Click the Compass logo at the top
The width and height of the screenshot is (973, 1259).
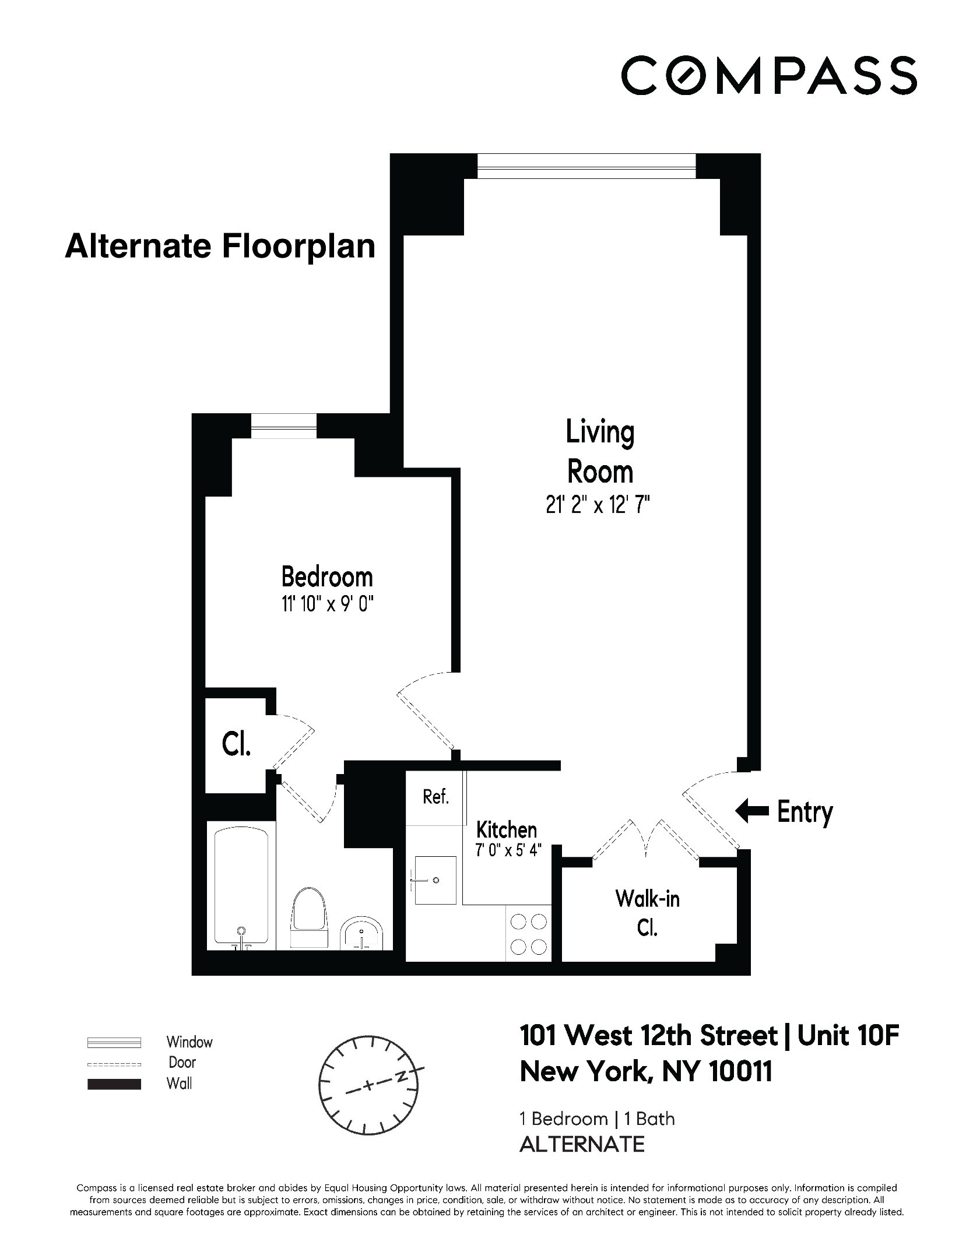point(768,75)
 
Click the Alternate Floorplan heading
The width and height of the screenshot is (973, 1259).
point(220,246)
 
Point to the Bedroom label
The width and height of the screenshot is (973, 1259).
point(327,577)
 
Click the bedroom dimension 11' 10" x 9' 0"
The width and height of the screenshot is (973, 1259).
point(327,605)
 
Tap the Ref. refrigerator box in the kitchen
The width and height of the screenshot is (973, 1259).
point(435,797)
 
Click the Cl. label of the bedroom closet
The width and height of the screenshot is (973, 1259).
point(237,745)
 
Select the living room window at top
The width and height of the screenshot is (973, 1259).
point(586,166)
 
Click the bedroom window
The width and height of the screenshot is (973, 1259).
point(283,426)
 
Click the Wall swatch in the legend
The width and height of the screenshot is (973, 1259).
point(114,1084)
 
